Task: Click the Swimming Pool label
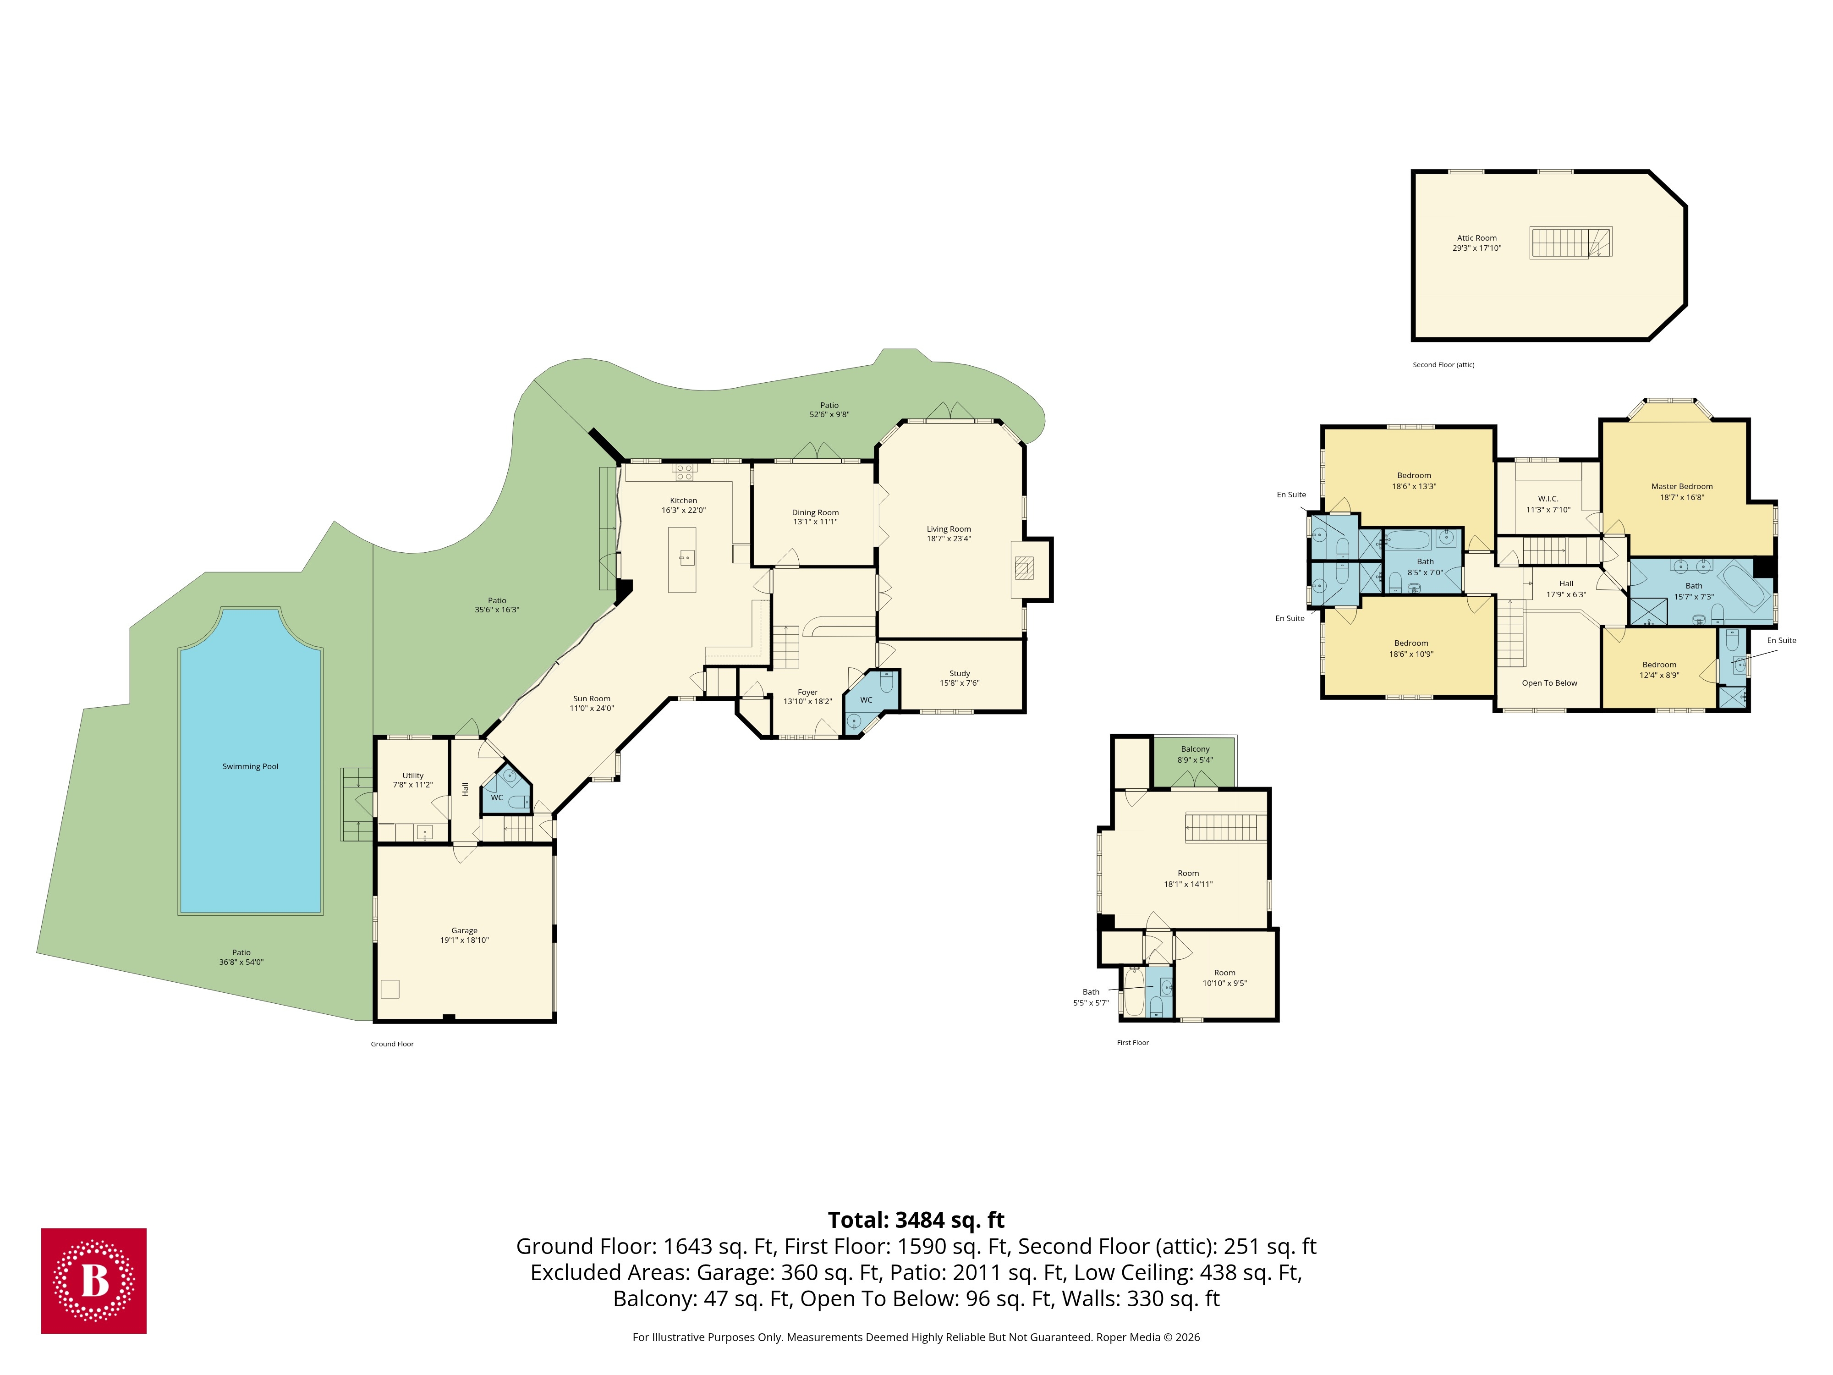point(250,767)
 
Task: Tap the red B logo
point(93,1281)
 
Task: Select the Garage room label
point(464,931)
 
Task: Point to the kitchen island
point(682,560)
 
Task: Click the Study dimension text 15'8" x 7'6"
point(960,684)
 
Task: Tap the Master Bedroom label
point(1681,486)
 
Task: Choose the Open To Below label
point(1549,683)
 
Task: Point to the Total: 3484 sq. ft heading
point(916,1220)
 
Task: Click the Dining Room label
point(815,512)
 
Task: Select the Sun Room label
point(592,698)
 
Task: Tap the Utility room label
point(413,776)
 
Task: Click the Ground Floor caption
point(392,1044)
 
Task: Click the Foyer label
point(807,692)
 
